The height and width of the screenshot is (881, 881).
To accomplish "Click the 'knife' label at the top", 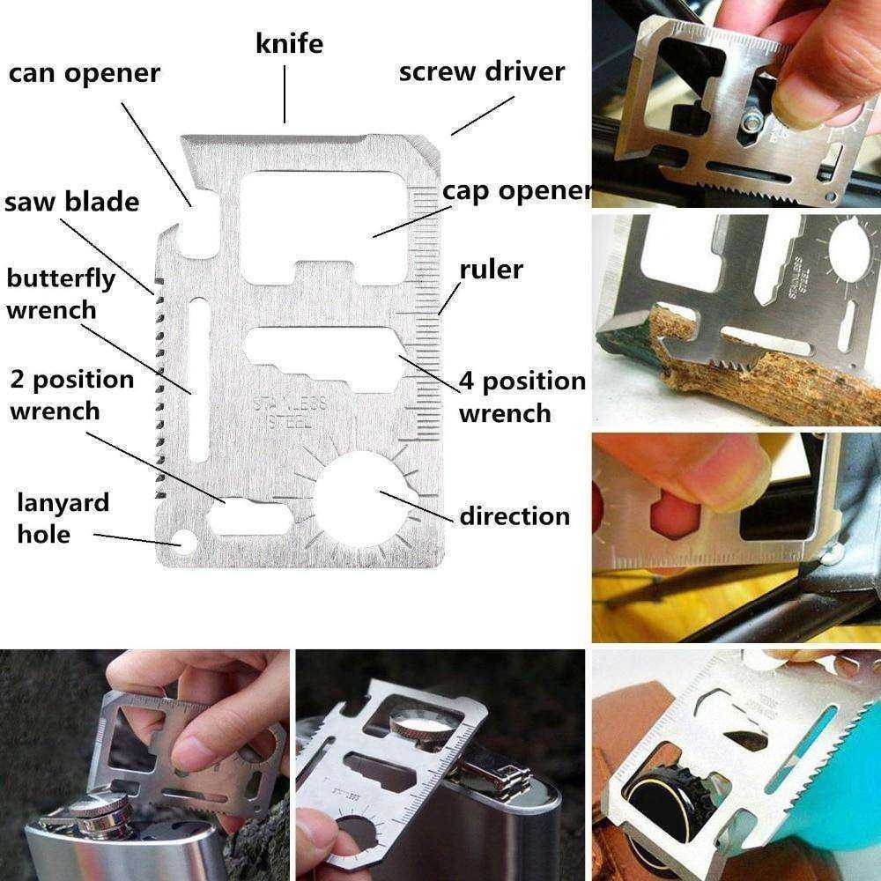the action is point(289,43).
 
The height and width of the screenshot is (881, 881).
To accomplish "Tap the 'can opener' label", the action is point(85,74).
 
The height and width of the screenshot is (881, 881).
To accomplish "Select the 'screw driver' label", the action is point(482,71).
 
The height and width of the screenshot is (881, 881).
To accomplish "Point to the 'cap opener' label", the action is point(516,191).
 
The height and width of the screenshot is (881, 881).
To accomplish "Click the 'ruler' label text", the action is point(491,269).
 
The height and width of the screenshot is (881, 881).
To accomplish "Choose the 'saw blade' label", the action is point(72,201).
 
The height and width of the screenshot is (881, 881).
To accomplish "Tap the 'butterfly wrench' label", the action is point(61,294).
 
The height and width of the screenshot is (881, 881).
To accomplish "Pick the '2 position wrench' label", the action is point(72,395).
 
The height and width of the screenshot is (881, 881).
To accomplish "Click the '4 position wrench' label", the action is point(522,396).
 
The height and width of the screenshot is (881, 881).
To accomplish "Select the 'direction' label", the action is point(515,515).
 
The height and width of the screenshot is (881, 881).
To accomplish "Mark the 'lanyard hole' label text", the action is point(63,517).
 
